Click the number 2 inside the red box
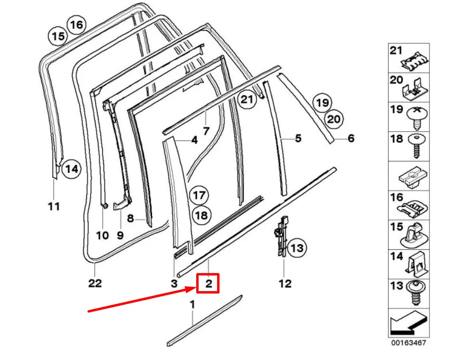point(208,284)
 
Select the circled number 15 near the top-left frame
point(58,36)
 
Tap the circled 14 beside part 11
point(70,168)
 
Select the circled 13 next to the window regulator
point(296,247)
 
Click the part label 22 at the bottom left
point(95,283)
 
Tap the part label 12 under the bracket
point(285,284)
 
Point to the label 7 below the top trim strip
point(206,130)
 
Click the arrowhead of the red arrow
point(195,288)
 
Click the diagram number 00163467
point(409,341)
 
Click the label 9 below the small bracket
point(120,235)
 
